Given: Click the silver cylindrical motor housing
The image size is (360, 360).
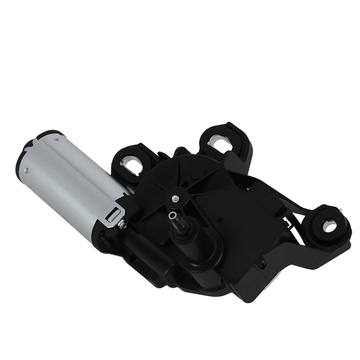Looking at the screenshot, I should click(x=70, y=176).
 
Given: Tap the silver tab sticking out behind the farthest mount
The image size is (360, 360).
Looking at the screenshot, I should click(x=342, y=210).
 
